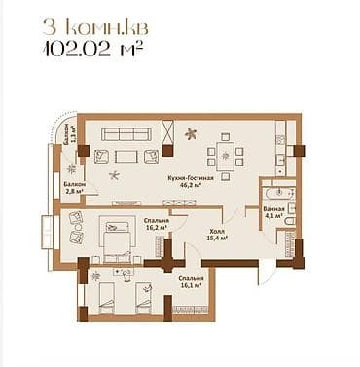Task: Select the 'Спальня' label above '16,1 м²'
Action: (x=191, y=278)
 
